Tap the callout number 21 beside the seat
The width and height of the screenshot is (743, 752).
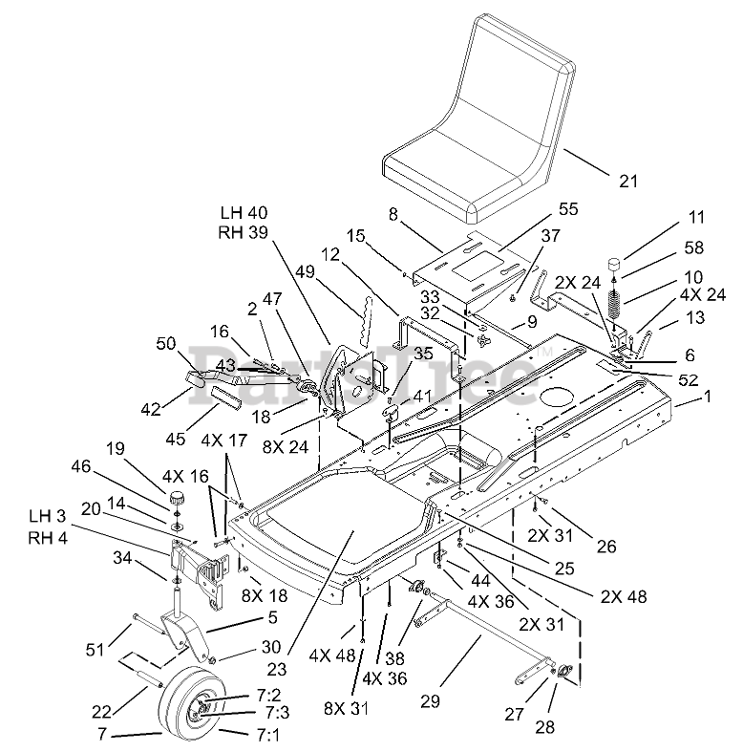point(628,182)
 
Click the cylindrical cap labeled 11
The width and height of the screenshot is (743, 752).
point(615,266)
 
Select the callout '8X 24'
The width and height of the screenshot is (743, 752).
point(286,447)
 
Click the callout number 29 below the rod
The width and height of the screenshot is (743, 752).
point(430,701)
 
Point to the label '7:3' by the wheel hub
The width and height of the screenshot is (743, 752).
point(277,713)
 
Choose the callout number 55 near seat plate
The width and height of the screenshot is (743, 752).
point(568,209)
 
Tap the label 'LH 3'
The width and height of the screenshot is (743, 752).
point(47,516)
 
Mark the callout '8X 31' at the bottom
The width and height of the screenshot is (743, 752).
point(346,709)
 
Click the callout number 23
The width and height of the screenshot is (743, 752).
point(277,669)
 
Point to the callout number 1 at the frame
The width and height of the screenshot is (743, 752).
point(707,397)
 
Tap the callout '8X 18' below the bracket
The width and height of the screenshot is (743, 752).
point(265,595)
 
